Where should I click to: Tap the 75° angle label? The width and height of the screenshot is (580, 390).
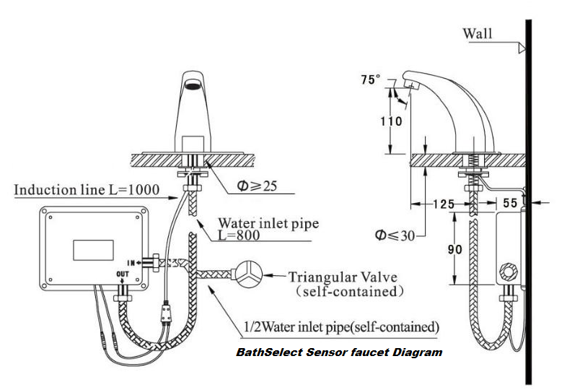(369, 80)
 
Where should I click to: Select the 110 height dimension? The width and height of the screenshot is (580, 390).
(391, 121)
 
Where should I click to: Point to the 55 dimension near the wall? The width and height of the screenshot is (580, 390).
(510, 204)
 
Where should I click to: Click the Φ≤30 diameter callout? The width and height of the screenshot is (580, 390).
(395, 234)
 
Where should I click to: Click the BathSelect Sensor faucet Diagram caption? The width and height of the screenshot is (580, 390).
(339, 352)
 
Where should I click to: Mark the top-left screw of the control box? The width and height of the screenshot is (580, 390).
(51, 214)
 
